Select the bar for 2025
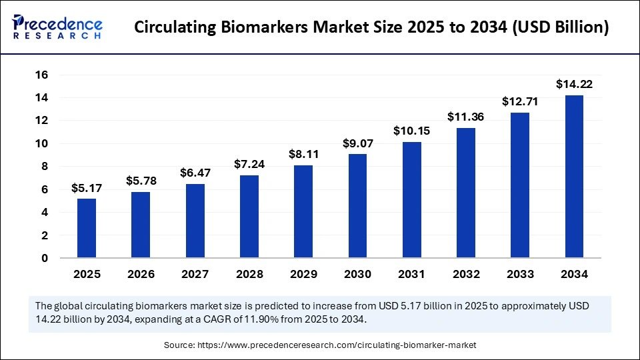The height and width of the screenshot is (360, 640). coord(86,228)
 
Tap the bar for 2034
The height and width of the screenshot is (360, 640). coord(574,177)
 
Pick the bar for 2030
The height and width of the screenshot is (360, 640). coord(357,206)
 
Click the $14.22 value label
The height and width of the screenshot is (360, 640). coord(574,84)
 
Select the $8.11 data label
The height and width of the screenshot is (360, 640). coord(303,154)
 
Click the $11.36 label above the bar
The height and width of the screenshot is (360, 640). coord(466,117)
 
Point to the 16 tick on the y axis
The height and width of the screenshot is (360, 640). coord(41,75)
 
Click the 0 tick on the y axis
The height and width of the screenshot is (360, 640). coord(45,258)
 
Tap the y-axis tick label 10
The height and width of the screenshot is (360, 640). coord(41,143)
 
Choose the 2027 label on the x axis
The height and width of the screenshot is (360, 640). coord(195,274)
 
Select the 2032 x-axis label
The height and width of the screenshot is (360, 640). coord(466,274)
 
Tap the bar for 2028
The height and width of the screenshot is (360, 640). coord(249,217)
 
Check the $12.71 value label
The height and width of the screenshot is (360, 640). coord(520,101)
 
